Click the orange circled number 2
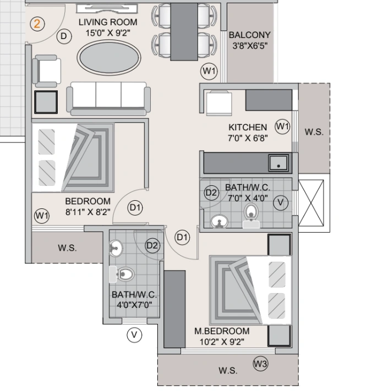tap(37, 24)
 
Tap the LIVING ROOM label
tap(108, 22)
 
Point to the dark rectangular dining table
tap(184, 31)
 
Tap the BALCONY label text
tap(249, 36)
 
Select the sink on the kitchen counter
tap(279, 163)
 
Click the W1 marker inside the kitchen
tap(282, 126)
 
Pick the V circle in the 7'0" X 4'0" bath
tap(281, 202)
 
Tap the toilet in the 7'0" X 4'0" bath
tap(252, 214)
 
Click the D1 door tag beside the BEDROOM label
tap(135, 207)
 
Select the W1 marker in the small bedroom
tap(42, 216)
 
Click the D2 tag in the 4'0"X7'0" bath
tap(152, 246)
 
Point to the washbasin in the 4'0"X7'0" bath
tap(116, 248)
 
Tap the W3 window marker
tap(260, 363)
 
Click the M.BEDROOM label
tap(222, 331)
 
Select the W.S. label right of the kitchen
tap(314, 133)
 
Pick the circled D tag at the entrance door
tap(64, 36)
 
